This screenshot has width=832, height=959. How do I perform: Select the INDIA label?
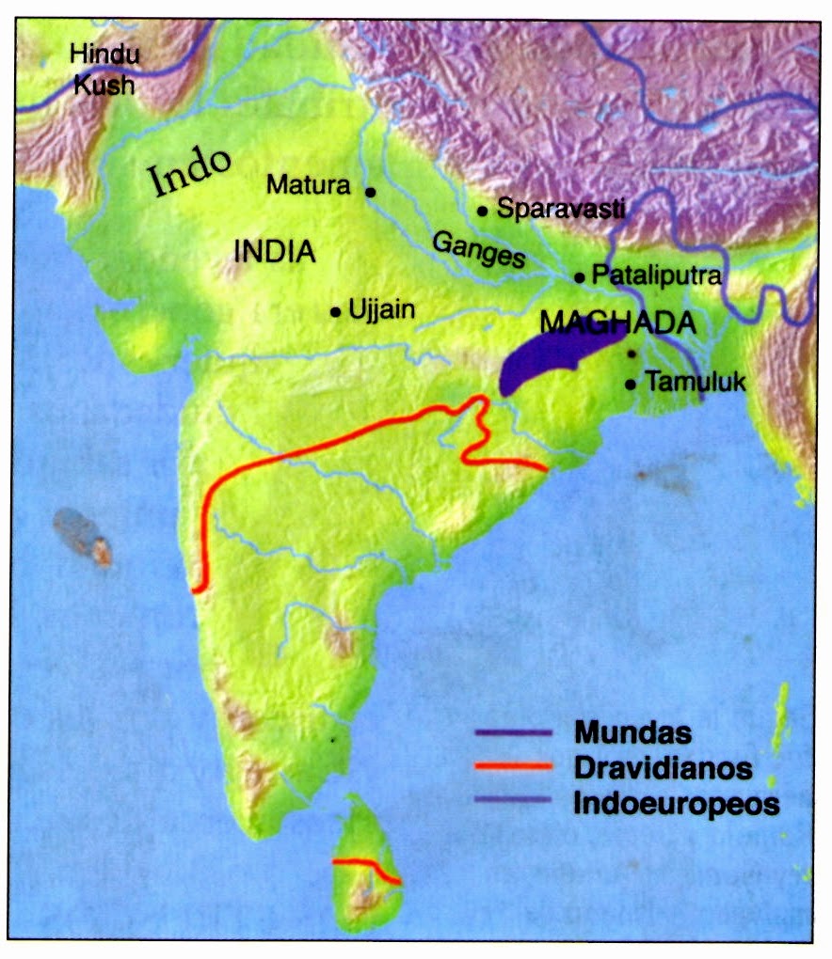[x=273, y=251]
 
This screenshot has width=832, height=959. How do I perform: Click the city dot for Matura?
[x=371, y=192]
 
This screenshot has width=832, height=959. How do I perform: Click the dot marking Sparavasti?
[x=482, y=212]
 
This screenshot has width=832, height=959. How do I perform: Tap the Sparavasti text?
[x=561, y=209]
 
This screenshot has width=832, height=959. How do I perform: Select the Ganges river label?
[x=478, y=252]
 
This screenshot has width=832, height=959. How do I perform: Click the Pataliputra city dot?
[x=580, y=278]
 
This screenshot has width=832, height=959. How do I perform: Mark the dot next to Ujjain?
[x=335, y=312]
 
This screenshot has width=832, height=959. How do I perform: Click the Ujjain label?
[x=381, y=309]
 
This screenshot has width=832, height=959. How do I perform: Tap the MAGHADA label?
[x=618, y=322]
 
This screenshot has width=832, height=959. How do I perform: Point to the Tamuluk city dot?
[x=630, y=385]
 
